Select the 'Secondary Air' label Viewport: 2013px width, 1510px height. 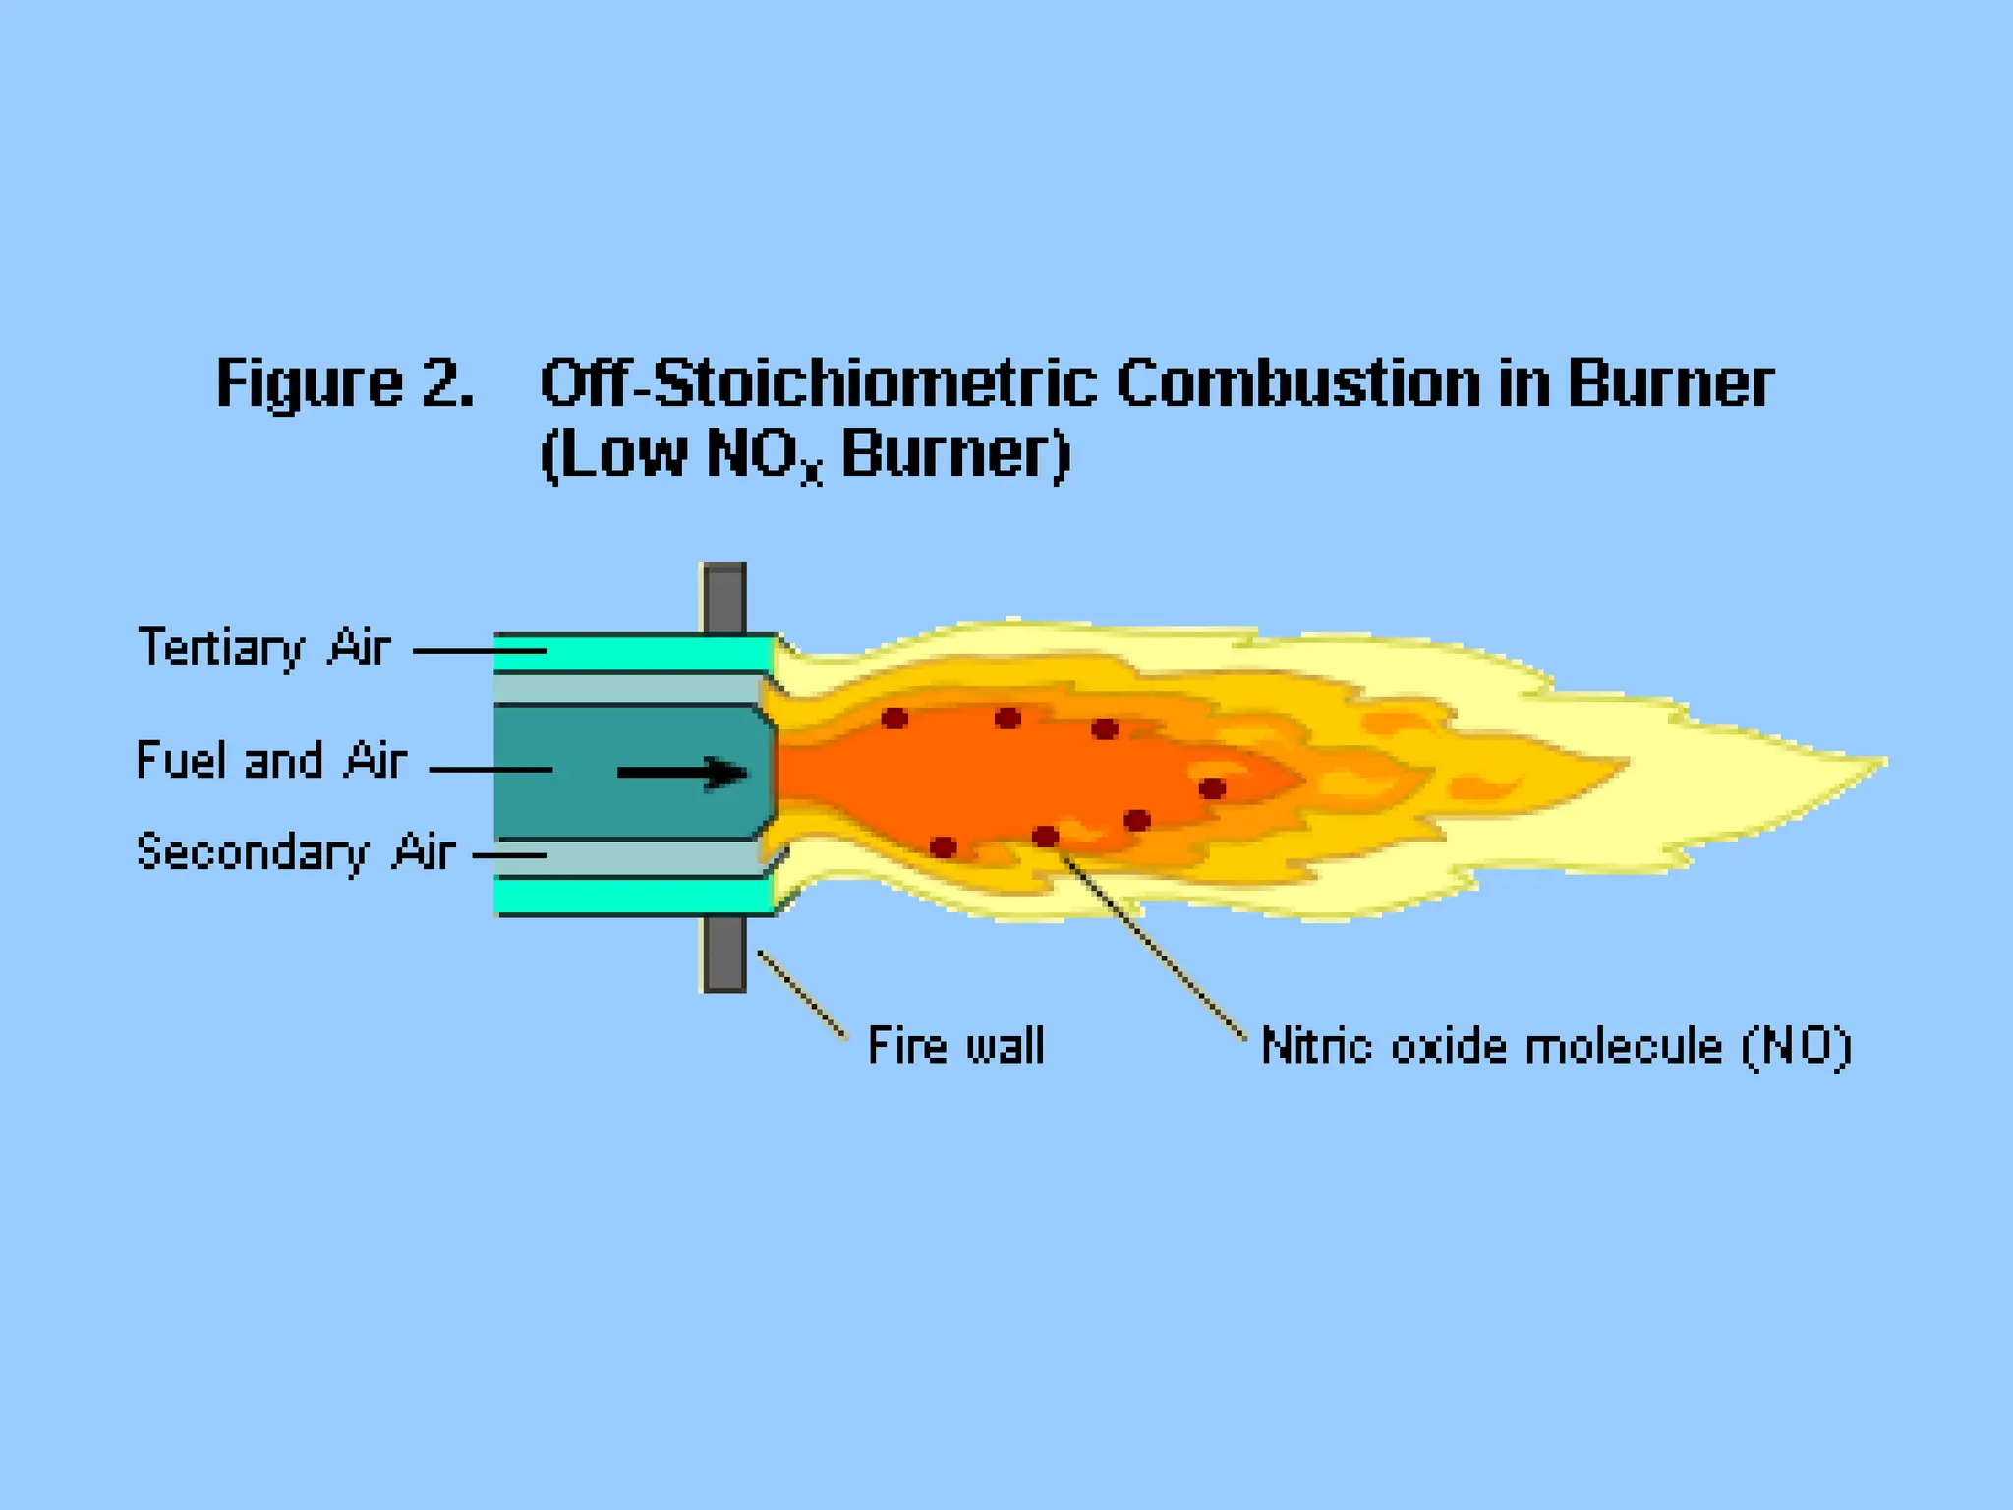tap(295, 852)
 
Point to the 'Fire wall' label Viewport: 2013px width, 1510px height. tap(955, 1045)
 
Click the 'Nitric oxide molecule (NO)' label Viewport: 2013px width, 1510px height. tap(1556, 1046)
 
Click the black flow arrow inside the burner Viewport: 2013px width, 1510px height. tap(682, 772)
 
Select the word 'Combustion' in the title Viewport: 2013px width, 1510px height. tap(1297, 383)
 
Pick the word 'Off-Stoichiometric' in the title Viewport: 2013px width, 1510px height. tap(818, 383)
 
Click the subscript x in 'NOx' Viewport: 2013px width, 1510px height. tap(811, 473)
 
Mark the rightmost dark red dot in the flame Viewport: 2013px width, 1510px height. tap(1212, 788)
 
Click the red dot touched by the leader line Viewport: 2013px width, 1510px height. tap(1045, 837)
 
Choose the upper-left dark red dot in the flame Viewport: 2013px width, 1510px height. tap(894, 719)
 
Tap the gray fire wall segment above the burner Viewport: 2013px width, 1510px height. tap(724, 598)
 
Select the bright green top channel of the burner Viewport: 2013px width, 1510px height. tap(634, 652)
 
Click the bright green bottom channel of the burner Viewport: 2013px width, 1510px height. tap(634, 896)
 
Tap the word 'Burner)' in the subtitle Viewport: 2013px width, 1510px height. tap(955, 455)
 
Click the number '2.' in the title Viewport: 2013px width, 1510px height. tap(447, 383)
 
